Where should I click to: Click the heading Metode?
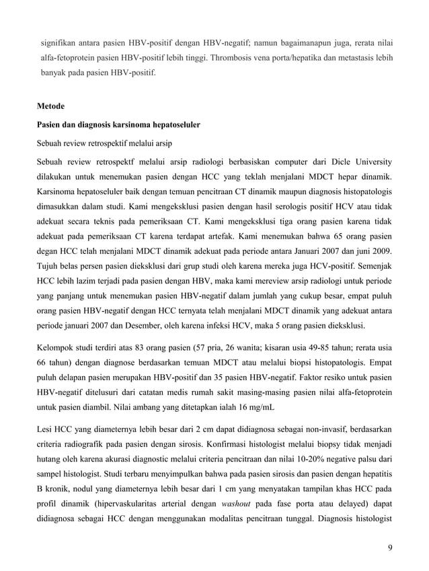[x=50, y=106]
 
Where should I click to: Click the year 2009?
[x=383, y=251]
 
